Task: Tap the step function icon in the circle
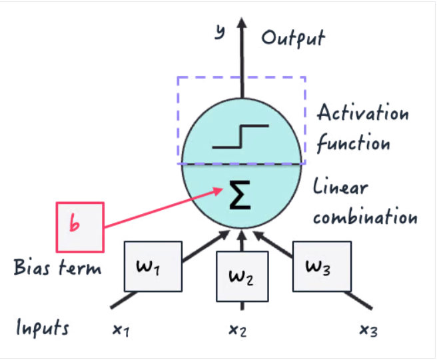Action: click(240, 136)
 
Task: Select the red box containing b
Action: click(79, 227)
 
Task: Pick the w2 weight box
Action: click(241, 277)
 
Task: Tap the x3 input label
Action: click(368, 330)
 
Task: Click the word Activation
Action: click(362, 112)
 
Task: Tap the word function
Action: click(352, 143)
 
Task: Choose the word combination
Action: click(365, 217)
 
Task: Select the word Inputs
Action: click(43, 328)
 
